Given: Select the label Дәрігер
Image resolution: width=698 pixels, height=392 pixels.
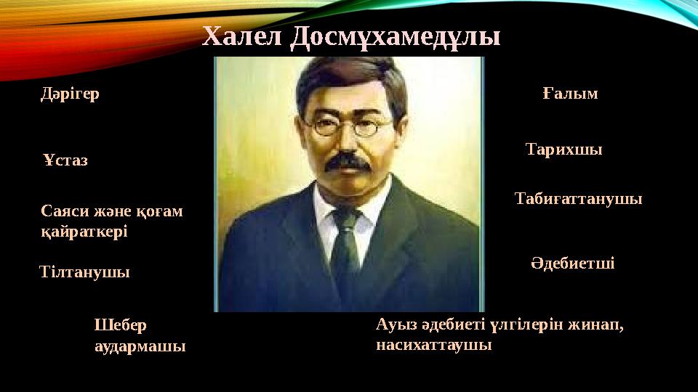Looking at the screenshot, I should pos(70,94).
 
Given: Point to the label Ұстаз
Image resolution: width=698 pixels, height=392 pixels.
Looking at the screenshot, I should pos(65,160).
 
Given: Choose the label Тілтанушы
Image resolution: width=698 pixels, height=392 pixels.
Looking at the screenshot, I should pos(84,273).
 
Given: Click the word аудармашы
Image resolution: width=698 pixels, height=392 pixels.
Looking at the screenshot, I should pos(140,346).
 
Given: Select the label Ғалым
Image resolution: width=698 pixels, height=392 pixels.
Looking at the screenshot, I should pos(570,94).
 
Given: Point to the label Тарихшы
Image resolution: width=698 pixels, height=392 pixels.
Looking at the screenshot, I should pos(563,150).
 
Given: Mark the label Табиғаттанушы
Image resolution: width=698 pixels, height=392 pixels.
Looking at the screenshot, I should pos(578,198).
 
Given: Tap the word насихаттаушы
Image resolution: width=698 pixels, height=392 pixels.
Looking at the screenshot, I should pos(434,345).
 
